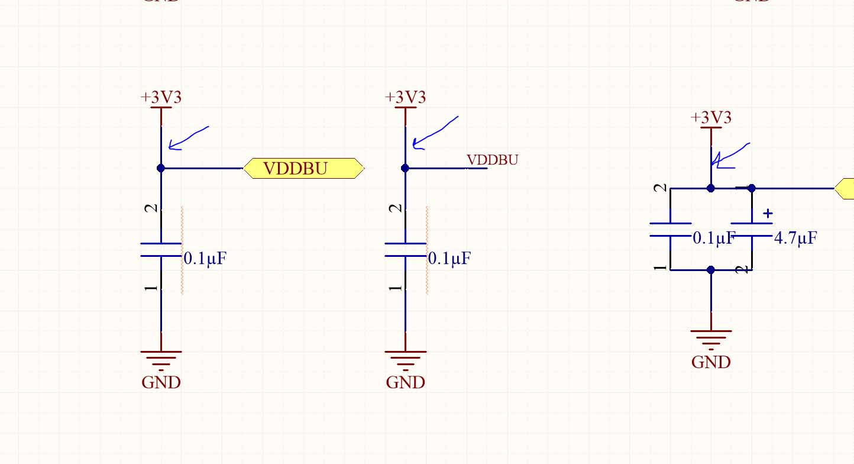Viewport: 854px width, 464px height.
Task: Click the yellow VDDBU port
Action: [x=303, y=169]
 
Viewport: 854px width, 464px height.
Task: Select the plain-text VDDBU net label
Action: [x=493, y=160]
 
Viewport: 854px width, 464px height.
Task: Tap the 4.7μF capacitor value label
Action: [x=795, y=239]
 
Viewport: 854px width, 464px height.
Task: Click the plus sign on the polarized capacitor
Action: [x=768, y=213]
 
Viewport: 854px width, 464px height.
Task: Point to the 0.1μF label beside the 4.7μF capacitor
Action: [x=713, y=239]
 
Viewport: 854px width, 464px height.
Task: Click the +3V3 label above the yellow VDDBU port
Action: [x=161, y=98]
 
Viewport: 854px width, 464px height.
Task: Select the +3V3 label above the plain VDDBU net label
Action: [x=405, y=98]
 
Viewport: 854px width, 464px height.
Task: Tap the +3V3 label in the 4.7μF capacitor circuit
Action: [x=711, y=118]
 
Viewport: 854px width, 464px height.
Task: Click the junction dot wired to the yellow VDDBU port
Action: [x=161, y=168]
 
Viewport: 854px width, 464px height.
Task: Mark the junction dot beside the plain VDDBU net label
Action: [x=405, y=168]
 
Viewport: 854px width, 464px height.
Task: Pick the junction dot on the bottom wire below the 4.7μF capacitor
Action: [x=711, y=270]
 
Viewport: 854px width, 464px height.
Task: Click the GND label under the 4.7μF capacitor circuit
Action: [x=711, y=362]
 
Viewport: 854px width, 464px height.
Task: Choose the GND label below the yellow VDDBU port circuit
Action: [x=161, y=382]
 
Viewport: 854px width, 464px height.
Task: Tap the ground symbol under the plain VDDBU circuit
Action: [x=405, y=357]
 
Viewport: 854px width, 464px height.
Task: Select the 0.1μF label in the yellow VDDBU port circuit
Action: [x=205, y=259]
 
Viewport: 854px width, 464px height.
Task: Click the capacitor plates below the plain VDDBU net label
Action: [x=405, y=249]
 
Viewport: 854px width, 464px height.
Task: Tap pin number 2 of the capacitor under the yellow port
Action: [x=152, y=208]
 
